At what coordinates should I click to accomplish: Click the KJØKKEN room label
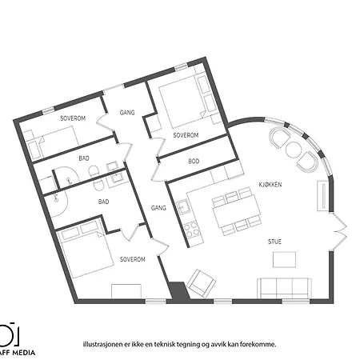269,184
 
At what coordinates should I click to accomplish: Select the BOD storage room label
194,162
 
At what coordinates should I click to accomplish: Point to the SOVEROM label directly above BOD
186,135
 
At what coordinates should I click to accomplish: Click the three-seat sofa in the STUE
283,286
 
